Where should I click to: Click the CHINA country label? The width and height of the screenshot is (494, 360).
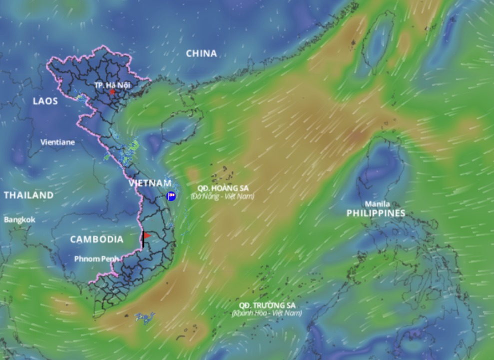click(201, 53)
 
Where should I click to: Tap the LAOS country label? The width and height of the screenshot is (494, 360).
click(45, 101)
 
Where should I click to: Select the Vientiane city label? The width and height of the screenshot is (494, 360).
click(57, 142)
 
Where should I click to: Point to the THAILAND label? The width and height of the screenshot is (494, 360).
click(28, 195)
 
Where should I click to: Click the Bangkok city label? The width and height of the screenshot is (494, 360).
click(20, 219)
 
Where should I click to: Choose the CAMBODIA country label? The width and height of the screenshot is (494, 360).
click(96, 239)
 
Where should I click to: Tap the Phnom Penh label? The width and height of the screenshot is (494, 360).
click(96, 259)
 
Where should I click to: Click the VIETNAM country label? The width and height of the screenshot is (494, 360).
click(150, 183)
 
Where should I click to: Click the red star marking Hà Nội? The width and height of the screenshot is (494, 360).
click(112, 92)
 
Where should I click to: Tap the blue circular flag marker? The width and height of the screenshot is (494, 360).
click(171, 196)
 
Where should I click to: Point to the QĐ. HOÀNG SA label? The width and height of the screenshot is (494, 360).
click(222, 188)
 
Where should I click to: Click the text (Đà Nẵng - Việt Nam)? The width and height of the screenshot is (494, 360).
click(222, 196)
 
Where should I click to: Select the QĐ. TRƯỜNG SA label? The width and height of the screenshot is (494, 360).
click(267, 305)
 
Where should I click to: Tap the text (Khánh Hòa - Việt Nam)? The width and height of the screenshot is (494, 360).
click(267, 313)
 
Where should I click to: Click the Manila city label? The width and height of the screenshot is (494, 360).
click(377, 204)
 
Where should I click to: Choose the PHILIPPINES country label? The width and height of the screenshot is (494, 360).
click(376, 213)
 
